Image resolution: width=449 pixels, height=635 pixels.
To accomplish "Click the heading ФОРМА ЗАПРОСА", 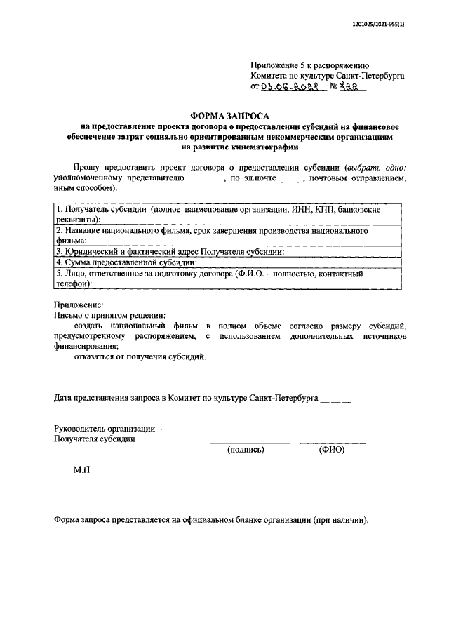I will (x=230, y=115).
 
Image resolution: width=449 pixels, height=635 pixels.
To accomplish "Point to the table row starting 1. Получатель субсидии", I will (x=228, y=214).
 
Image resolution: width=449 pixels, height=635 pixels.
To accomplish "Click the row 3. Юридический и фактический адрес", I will (x=228, y=251).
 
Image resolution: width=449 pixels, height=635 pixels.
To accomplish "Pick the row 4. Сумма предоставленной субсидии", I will (x=228, y=262).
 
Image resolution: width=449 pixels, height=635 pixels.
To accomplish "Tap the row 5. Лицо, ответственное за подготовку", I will (x=228, y=279).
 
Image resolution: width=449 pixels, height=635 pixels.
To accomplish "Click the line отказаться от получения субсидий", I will (x=140, y=357).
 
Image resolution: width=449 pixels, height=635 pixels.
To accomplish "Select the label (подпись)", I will (x=246, y=450).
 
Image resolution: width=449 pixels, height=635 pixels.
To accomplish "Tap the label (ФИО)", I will (x=331, y=450).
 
